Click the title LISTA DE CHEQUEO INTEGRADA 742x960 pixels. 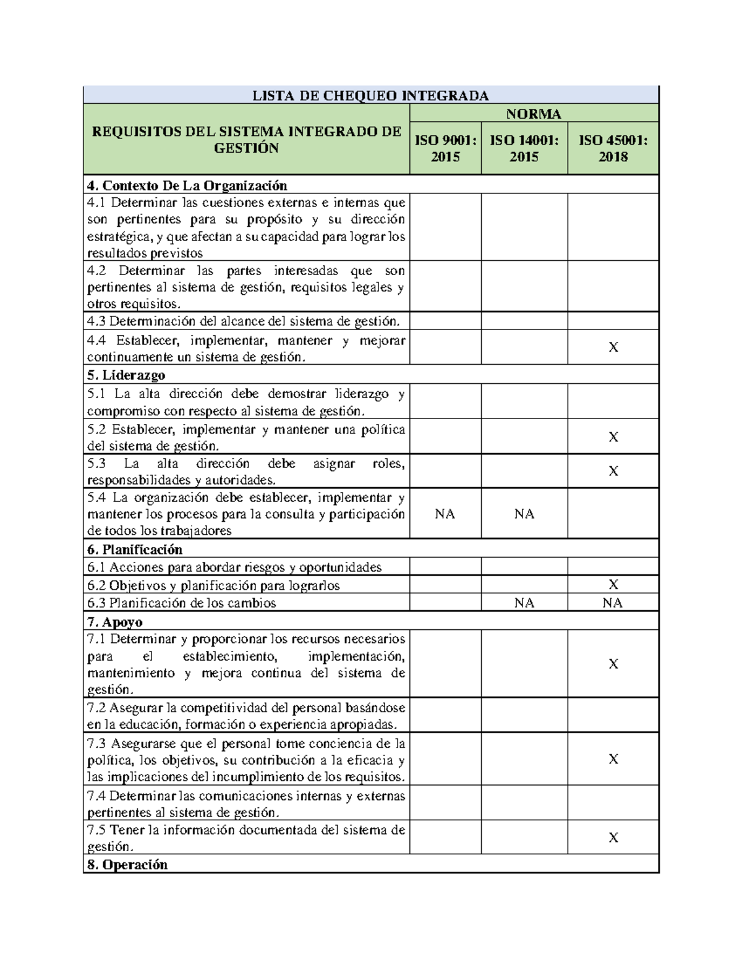[x=370, y=95]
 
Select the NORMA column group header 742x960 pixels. [x=534, y=114]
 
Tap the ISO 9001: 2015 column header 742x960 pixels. [x=445, y=148]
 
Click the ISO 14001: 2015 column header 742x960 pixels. [x=524, y=148]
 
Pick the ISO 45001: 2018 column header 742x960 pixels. [x=613, y=148]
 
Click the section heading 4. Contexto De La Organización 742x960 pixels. [x=187, y=185]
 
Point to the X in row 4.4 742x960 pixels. [x=613, y=347]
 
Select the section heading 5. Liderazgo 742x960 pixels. [x=126, y=375]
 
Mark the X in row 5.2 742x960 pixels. [x=613, y=437]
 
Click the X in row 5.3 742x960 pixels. [x=613, y=471]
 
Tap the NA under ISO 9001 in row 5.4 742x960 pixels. [x=445, y=514]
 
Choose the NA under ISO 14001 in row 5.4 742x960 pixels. [x=524, y=514]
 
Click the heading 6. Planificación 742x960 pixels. [x=135, y=550]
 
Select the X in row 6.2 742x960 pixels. [x=613, y=584]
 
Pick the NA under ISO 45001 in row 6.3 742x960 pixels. [x=613, y=603]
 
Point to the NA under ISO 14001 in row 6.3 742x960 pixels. [x=524, y=603]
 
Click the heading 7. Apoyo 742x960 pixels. [x=115, y=622]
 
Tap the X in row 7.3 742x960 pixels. [x=613, y=759]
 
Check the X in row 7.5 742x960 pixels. [x=613, y=838]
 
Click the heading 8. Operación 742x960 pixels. [x=127, y=865]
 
